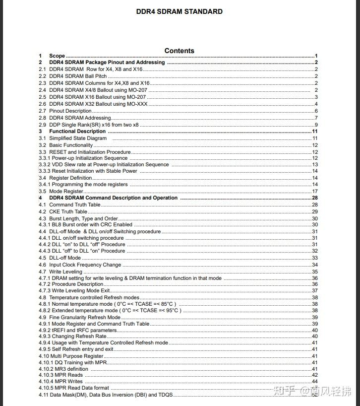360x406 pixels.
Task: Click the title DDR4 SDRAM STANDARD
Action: click(x=179, y=11)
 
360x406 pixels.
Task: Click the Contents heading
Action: click(x=180, y=51)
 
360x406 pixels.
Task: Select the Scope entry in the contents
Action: click(x=57, y=56)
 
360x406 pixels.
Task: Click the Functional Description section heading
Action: click(x=77, y=132)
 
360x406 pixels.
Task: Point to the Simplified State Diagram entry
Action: click(x=78, y=138)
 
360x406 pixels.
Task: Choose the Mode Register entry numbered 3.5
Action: click(x=66, y=191)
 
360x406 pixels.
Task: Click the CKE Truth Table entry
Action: click(x=68, y=211)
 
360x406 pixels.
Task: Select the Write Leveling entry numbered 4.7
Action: click(x=66, y=271)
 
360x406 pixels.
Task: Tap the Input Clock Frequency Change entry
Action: click(x=85, y=265)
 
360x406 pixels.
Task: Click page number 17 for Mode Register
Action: click(x=315, y=191)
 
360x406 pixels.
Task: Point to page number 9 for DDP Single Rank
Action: click(x=316, y=125)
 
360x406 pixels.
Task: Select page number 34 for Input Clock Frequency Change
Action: click(x=315, y=265)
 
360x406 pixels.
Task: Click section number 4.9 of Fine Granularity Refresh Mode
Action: click(x=43, y=317)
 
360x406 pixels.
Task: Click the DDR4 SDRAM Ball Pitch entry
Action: click(x=78, y=76)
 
